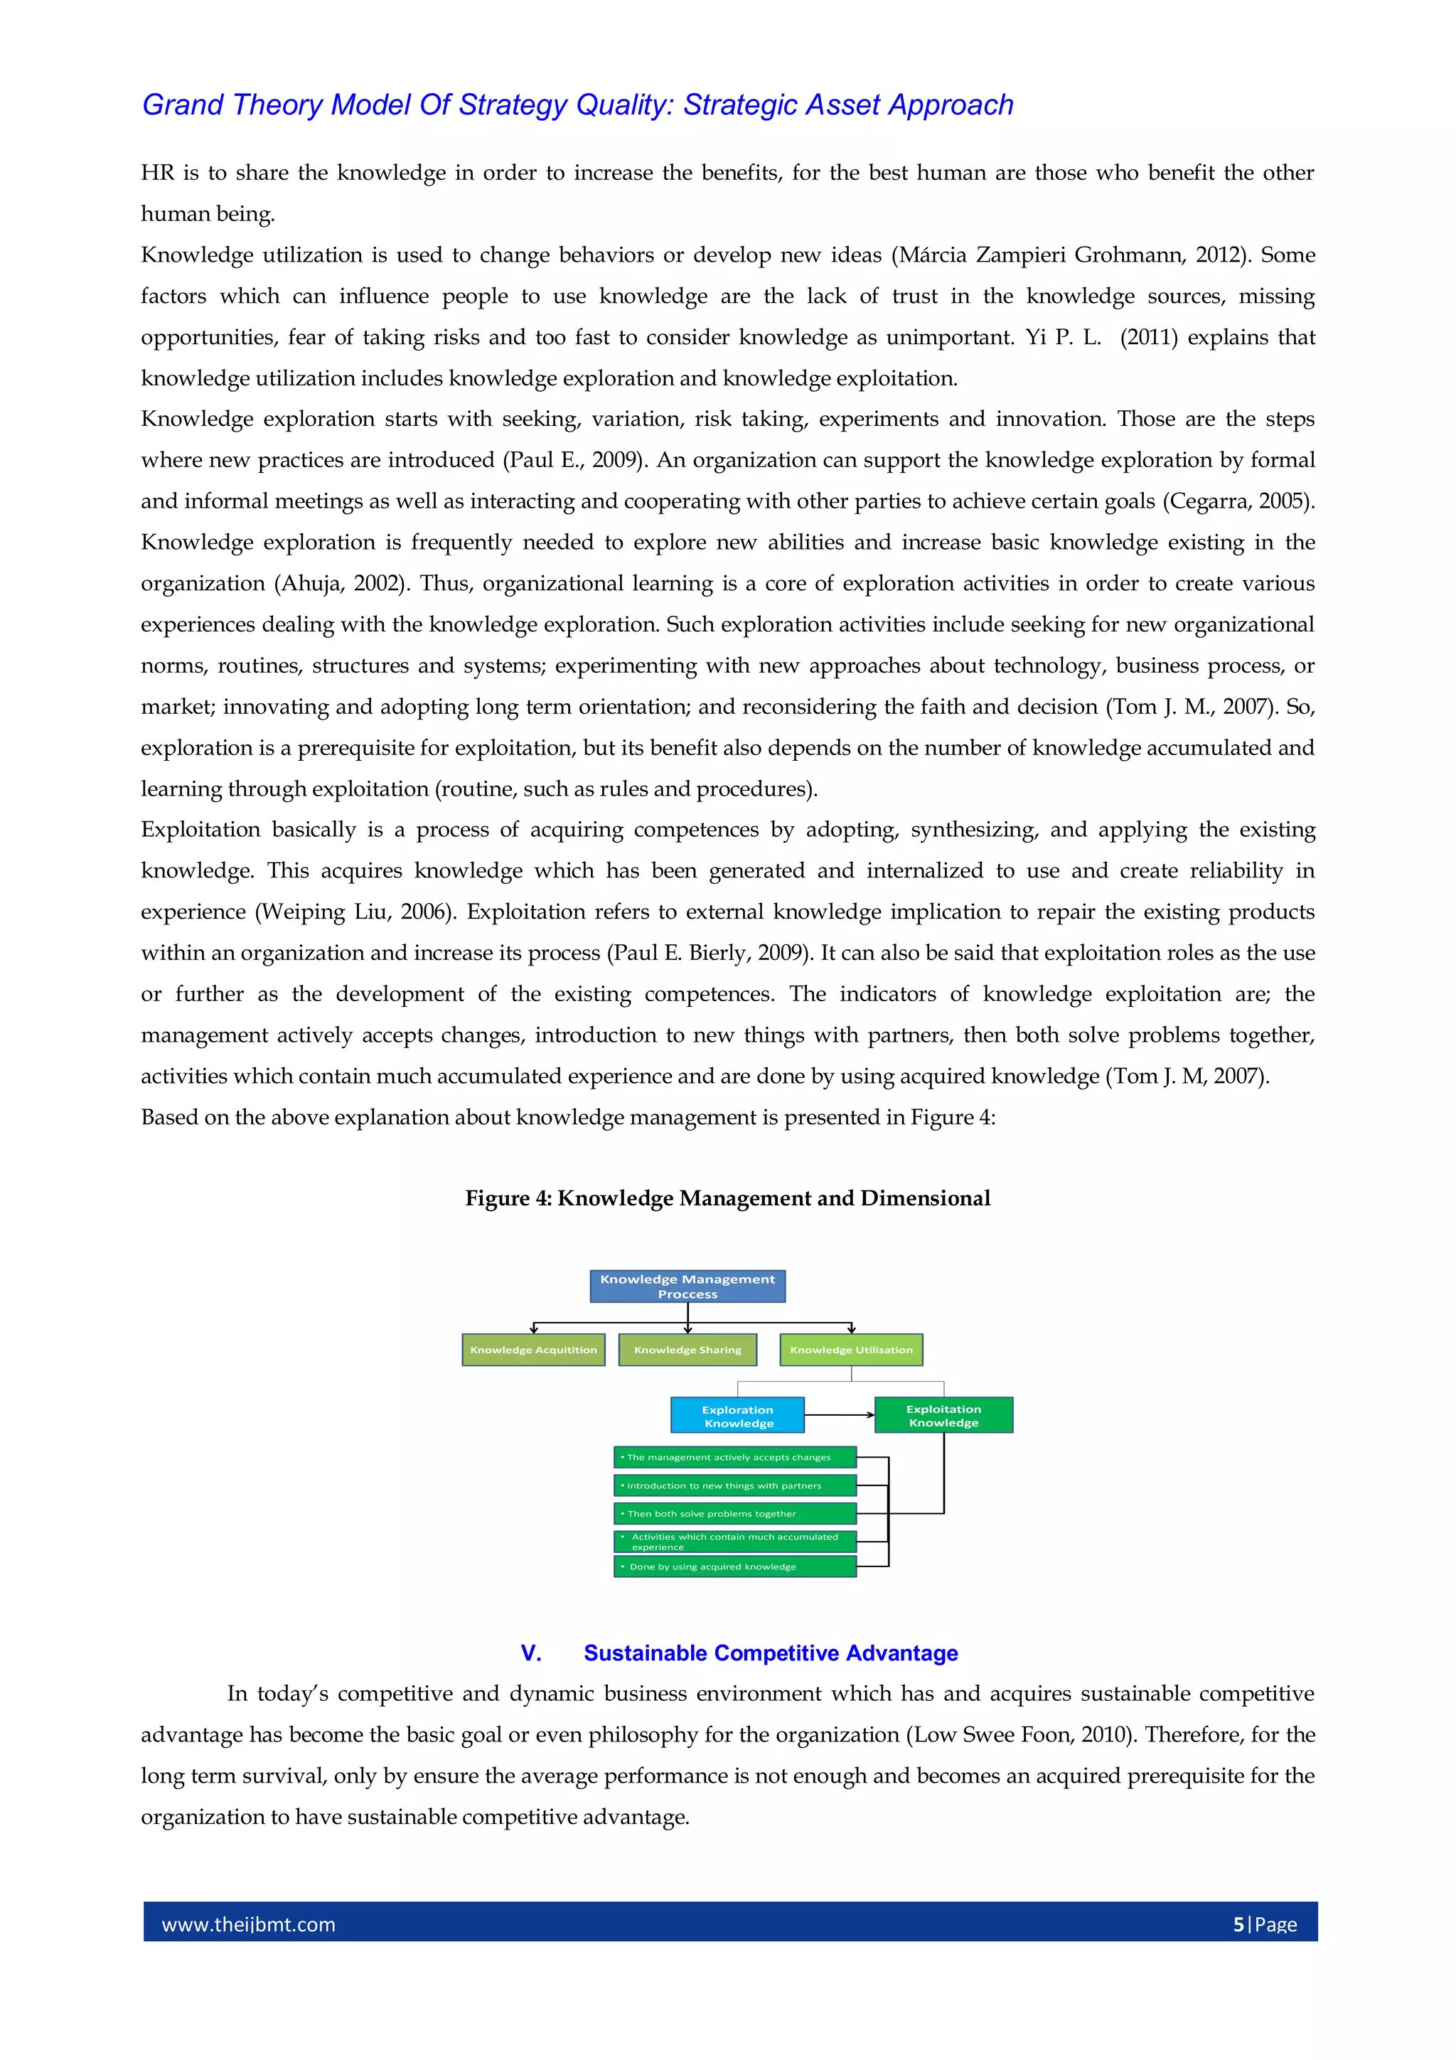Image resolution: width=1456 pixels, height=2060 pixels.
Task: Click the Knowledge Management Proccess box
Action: click(x=687, y=1286)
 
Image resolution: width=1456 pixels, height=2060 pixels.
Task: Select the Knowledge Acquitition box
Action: click(x=533, y=1350)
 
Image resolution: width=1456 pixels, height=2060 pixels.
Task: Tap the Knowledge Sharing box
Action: click(x=687, y=1350)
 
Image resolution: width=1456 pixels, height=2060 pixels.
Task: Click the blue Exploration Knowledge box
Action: click(x=737, y=1416)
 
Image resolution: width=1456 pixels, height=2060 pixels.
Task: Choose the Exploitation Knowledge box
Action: click(x=943, y=1415)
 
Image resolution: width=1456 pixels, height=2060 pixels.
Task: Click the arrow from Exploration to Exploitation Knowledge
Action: click(x=839, y=1415)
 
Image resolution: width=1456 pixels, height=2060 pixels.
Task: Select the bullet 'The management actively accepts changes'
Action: click(x=734, y=1457)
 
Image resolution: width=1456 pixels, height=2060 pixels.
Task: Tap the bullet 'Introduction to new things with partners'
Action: click(x=734, y=1485)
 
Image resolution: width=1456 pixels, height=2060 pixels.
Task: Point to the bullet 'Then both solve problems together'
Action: click(x=734, y=1514)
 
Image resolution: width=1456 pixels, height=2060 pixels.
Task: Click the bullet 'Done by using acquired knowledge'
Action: click(x=734, y=1567)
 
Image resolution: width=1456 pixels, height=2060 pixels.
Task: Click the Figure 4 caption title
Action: click(x=727, y=1199)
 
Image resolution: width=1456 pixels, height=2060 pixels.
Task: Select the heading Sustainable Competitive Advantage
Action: click(x=771, y=1653)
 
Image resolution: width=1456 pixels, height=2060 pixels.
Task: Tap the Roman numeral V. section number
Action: click(x=531, y=1653)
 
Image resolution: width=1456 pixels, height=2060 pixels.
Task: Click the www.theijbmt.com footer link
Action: click(x=249, y=1924)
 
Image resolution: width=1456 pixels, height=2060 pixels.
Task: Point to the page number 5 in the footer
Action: click(x=1239, y=1924)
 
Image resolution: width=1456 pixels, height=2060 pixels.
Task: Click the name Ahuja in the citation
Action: click(x=311, y=584)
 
